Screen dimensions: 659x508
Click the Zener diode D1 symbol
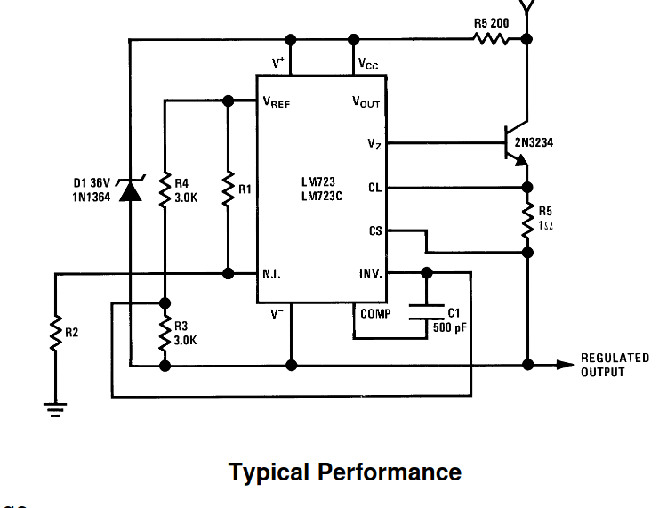point(130,189)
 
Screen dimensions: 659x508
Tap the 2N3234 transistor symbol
point(516,143)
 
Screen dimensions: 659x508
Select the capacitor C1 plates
point(427,312)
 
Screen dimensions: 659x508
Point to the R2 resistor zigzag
point(55,333)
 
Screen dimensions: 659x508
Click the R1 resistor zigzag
point(229,189)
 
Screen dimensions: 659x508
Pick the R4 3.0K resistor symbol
point(165,189)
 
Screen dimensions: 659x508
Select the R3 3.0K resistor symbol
point(165,333)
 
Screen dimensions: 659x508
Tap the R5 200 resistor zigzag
point(491,39)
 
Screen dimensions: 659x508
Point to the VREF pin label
point(276,102)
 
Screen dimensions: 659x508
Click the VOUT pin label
point(366,102)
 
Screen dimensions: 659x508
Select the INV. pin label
point(371,273)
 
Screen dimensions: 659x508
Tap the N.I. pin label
point(271,274)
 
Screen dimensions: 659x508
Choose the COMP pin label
point(375,314)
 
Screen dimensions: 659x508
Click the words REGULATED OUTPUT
point(615,365)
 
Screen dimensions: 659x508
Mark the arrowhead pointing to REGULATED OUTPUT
point(566,365)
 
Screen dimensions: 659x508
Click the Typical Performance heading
point(345,472)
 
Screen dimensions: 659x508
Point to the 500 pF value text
point(450,327)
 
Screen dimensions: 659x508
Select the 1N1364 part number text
point(92,197)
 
